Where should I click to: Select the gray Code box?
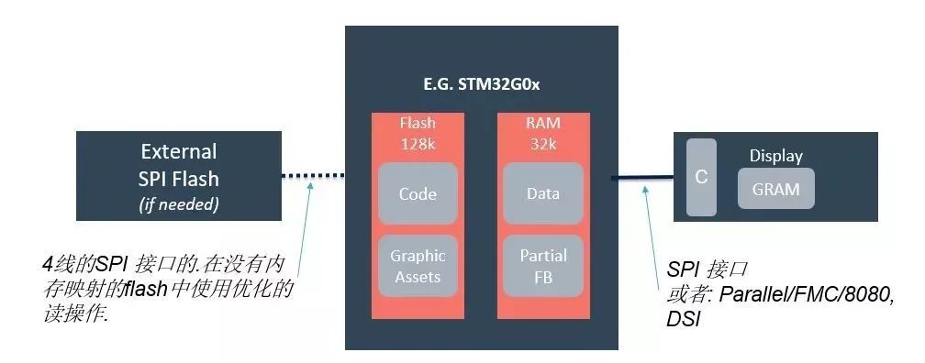click(418, 194)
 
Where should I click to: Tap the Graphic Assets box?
click(418, 266)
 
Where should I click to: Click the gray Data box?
click(543, 194)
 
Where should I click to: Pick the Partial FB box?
click(543, 266)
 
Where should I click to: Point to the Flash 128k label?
click(418, 133)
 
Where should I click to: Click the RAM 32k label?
click(543, 133)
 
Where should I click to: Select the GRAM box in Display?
click(775, 190)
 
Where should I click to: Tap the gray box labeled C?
click(701, 177)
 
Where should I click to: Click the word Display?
click(775, 156)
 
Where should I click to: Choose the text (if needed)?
click(178, 204)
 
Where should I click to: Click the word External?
click(178, 151)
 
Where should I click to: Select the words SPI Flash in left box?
click(178, 178)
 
